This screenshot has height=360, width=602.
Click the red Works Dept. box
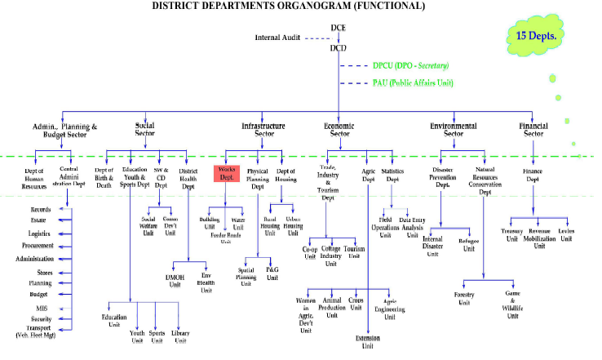(225, 175)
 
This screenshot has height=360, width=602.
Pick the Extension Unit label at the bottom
(368, 341)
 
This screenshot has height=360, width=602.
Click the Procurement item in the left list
(38, 245)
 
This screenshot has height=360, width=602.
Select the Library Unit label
(181, 336)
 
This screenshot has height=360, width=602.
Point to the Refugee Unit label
(469, 246)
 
